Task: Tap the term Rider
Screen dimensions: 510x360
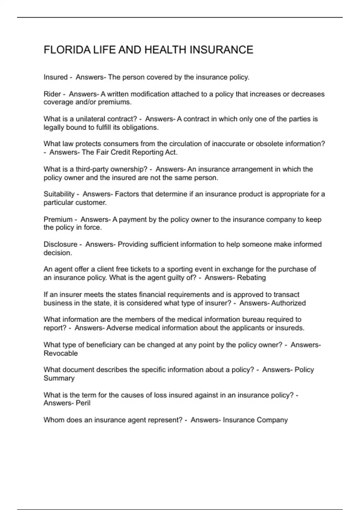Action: click(52, 94)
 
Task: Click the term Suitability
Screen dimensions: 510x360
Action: click(59, 194)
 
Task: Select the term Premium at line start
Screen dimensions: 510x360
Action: click(58, 219)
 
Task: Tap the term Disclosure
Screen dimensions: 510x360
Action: click(60, 244)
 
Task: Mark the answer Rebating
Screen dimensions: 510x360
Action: click(251, 277)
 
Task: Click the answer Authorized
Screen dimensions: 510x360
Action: click(288, 303)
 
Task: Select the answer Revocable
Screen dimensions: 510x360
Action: click(61, 353)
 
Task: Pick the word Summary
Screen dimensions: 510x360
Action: click(59, 378)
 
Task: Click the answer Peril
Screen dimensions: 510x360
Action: click(83, 403)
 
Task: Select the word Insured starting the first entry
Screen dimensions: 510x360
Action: click(55, 77)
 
